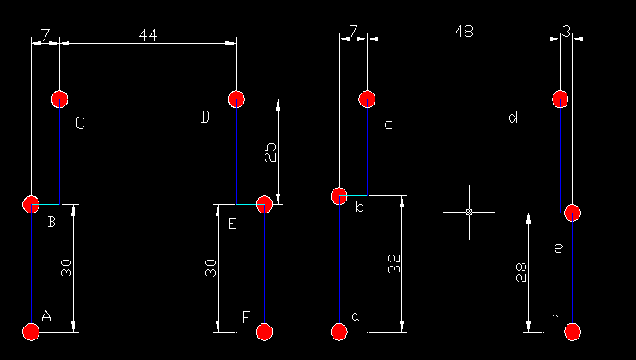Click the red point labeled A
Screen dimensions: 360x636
(31, 332)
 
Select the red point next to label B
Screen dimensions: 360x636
(31, 204)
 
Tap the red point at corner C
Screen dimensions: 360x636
(59, 99)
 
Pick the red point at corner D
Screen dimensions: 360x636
(237, 99)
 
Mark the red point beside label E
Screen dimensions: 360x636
(264, 204)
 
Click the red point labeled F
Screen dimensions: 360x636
(264, 332)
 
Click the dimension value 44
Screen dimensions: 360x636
(148, 34)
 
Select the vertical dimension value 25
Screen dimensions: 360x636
(270, 153)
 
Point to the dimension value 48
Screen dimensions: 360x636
(464, 31)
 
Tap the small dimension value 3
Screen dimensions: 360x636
(567, 31)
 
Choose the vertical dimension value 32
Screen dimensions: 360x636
(394, 264)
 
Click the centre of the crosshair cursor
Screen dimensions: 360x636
(469, 211)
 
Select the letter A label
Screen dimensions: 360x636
(46, 316)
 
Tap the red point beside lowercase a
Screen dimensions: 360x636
(339, 332)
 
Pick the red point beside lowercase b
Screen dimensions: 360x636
(339, 196)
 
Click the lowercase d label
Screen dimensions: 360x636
(513, 117)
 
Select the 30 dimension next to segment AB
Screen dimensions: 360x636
(66, 268)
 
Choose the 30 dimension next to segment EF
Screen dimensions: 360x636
(211, 268)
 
